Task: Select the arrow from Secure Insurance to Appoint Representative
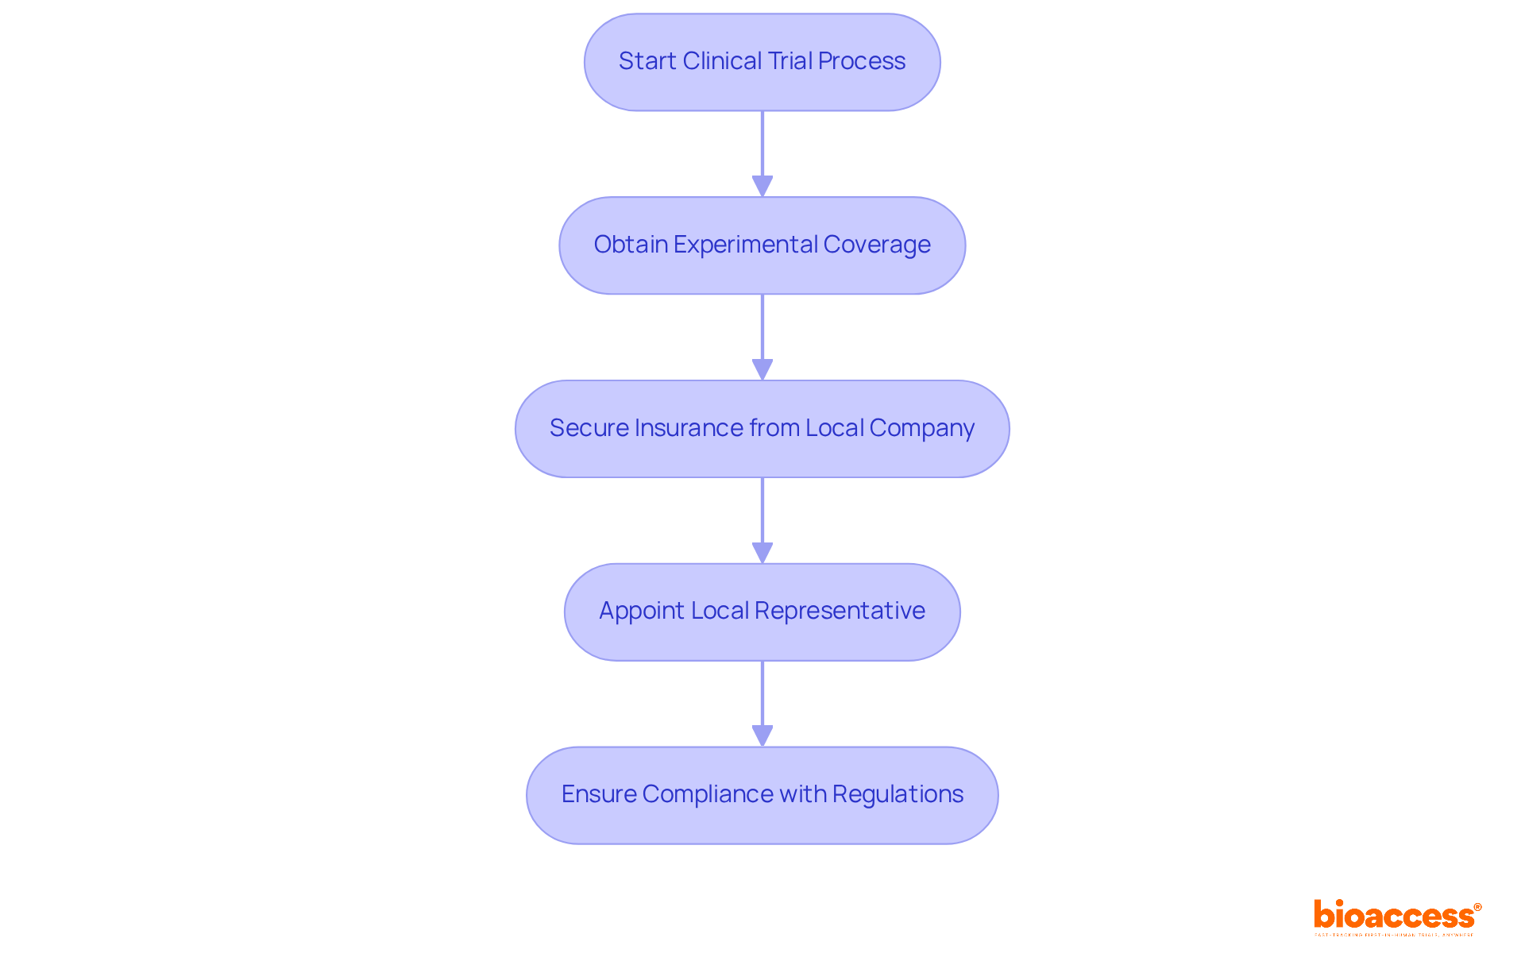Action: [x=762, y=519]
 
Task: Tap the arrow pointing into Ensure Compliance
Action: [x=762, y=703]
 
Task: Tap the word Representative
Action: [x=840, y=611]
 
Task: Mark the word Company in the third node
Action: [x=921, y=428]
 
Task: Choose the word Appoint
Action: [x=642, y=611]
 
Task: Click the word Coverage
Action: [x=877, y=245]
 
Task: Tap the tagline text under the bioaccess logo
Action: [x=1394, y=935]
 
